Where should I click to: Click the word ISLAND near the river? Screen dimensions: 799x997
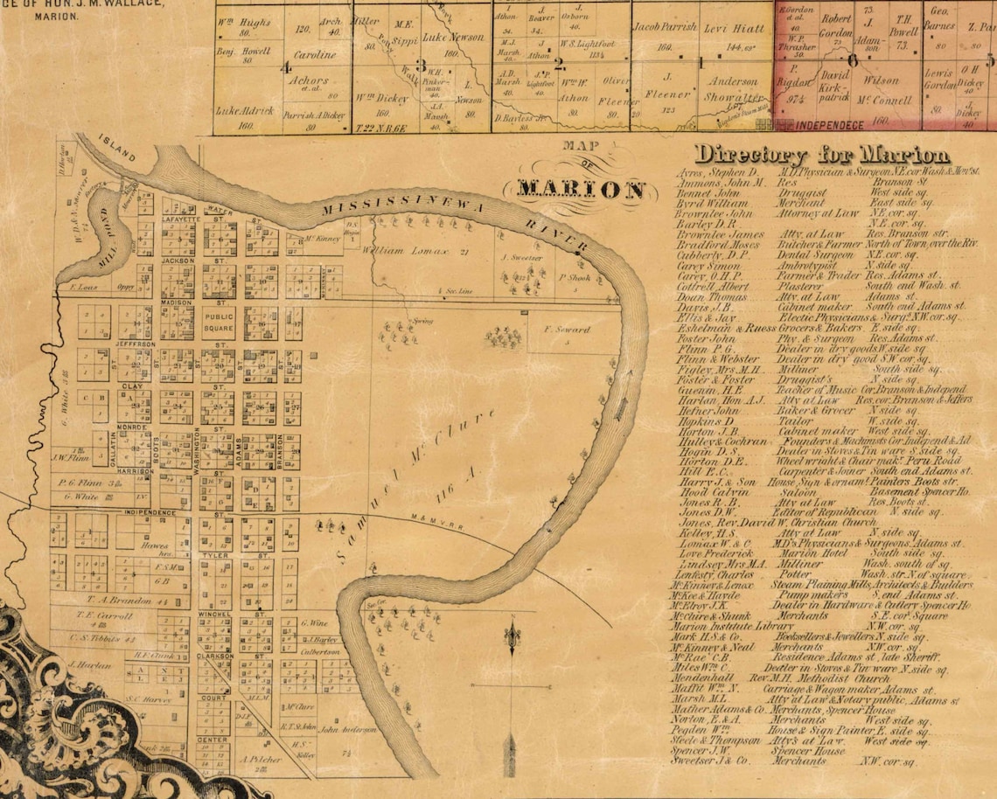pos(115,151)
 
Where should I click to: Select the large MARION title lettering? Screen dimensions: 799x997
pos(580,189)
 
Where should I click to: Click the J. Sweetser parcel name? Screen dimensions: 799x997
pos(522,259)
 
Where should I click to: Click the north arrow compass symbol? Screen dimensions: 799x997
pos(510,647)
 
